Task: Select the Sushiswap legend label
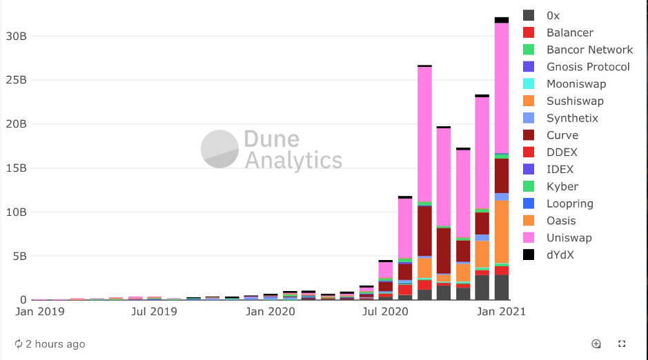tap(574, 101)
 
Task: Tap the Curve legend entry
tap(562, 135)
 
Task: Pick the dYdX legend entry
tap(560, 255)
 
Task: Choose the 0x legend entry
tap(553, 15)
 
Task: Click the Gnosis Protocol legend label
tap(587, 67)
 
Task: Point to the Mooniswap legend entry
tap(576, 84)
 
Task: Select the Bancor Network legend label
tap(589, 50)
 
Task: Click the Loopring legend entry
tap(569, 203)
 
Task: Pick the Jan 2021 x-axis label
tap(502, 312)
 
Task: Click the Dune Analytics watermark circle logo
tap(220, 148)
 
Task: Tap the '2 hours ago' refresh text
tap(55, 344)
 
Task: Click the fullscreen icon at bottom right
tap(622, 343)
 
